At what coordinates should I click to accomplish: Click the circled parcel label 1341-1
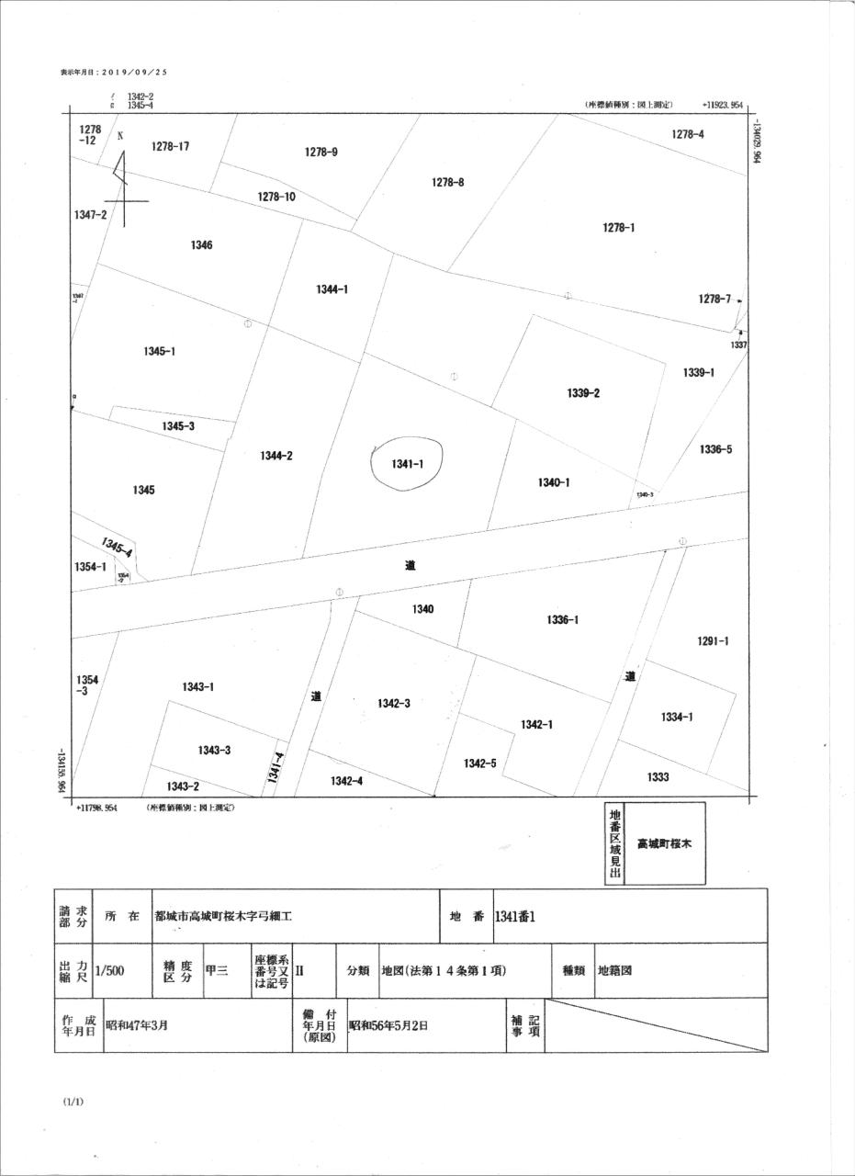(407, 465)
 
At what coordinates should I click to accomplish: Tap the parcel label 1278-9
(321, 153)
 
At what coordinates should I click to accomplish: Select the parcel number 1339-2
(583, 393)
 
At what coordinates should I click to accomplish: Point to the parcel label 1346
(202, 245)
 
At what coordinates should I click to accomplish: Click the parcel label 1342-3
(393, 703)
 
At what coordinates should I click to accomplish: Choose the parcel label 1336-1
(562, 620)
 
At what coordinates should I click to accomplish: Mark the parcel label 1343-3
(214, 750)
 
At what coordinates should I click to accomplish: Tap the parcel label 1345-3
(178, 426)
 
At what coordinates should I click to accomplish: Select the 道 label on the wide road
(410, 566)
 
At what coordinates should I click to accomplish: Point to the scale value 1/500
(109, 970)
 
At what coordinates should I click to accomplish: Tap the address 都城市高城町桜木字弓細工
(223, 916)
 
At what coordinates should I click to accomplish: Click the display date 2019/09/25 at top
(115, 72)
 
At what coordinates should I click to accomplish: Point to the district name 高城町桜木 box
(664, 843)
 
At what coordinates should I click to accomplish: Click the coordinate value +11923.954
(723, 105)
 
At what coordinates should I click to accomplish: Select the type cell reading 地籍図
(614, 970)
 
